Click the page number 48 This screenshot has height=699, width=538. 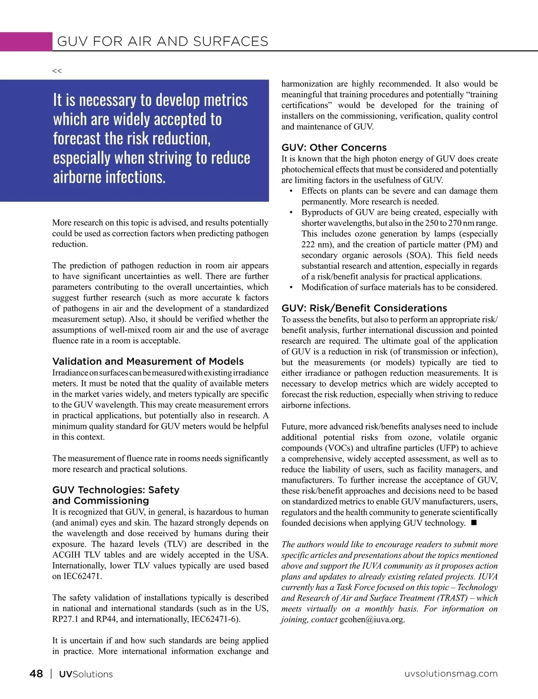tap(36, 673)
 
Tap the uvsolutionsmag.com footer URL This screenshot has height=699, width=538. tap(451, 673)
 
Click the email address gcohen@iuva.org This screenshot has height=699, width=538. tap(372, 620)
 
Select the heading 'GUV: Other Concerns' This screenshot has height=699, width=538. tap(334, 148)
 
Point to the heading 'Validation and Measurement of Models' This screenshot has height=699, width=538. tap(148, 362)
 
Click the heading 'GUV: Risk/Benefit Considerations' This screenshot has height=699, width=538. tap(364, 308)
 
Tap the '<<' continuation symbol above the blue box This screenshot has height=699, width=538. tap(57, 71)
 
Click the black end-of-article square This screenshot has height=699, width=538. tap(474, 523)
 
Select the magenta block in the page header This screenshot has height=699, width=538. tap(26, 41)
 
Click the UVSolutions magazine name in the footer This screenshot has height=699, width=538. tap(86, 674)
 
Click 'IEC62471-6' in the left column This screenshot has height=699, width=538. tap(215, 620)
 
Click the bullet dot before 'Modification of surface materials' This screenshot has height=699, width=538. tap(291, 288)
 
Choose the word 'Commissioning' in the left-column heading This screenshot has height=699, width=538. tap(111, 501)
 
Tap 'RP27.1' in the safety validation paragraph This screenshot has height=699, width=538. tap(65, 620)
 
